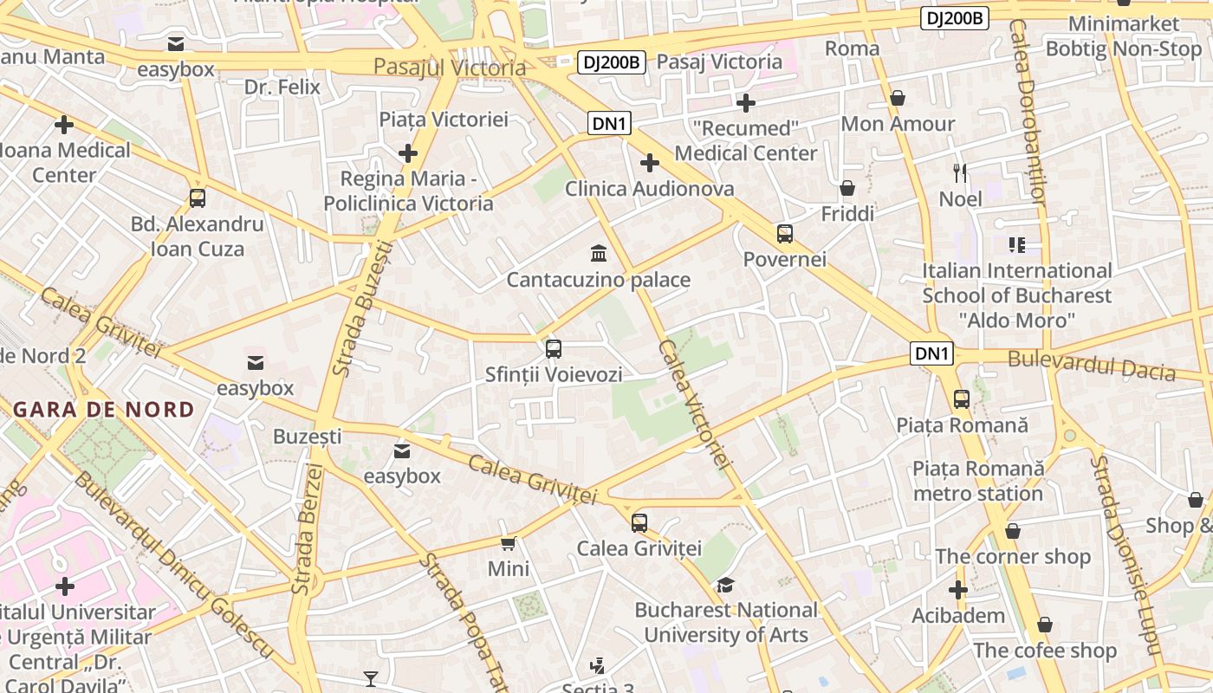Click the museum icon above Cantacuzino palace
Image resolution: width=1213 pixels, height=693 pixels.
pyautogui.click(x=598, y=253)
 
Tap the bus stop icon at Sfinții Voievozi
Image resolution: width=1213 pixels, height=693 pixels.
pyautogui.click(x=554, y=349)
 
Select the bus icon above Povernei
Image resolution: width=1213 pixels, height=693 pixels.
pyautogui.click(x=785, y=233)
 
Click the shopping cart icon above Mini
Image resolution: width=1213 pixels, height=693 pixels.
pyautogui.click(x=509, y=543)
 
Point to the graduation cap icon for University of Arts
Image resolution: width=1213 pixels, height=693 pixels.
pyautogui.click(x=725, y=585)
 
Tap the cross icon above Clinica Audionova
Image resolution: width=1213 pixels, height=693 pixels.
pyautogui.click(x=649, y=163)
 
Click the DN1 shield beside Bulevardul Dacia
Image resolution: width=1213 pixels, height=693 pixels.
pyautogui.click(x=932, y=353)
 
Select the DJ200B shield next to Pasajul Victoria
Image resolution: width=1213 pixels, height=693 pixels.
pyautogui.click(x=612, y=62)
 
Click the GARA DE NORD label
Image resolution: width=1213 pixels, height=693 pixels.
pyautogui.click(x=104, y=410)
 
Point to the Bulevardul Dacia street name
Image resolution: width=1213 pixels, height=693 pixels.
pyautogui.click(x=1091, y=366)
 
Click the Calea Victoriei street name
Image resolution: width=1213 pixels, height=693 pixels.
pyautogui.click(x=695, y=404)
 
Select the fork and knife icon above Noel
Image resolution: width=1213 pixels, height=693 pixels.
pyautogui.click(x=960, y=173)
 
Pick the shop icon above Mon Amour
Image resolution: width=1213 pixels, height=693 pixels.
pyautogui.click(x=898, y=98)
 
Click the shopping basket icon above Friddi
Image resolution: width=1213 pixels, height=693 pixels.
pyautogui.click(x=847, y=188)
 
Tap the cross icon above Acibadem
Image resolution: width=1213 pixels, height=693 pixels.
pyautogui.click(x=957, y=590)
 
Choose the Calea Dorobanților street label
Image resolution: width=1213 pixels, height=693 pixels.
pyautogui.click(x=1028, y=113)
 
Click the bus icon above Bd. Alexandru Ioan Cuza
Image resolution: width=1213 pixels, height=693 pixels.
pyautogui.click(x=198, y=198)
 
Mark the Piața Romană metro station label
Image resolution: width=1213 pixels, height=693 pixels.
pyautogui.click(x=978, y=481)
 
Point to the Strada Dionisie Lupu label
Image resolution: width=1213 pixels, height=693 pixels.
pyautogui.click(x=1123, y=554)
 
